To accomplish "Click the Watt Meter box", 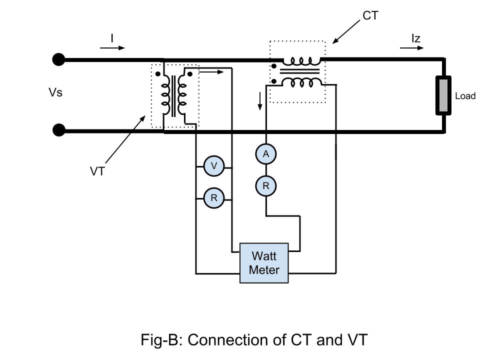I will pos(264,263).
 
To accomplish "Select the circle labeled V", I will pos(214,166).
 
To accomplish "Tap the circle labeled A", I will pos(266,154).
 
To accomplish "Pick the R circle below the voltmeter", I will pos(214,198).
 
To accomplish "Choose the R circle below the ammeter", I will pos(266,186).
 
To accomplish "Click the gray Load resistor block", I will pos(443,95).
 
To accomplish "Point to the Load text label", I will pos(465,96).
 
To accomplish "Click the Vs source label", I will pos(55,92).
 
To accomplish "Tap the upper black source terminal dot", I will pos(58,60).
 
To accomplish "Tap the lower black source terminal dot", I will pos(58,131).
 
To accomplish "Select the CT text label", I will pos(370,16).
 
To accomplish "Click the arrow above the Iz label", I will pos(412,48).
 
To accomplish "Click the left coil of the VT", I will pos(164,95).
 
